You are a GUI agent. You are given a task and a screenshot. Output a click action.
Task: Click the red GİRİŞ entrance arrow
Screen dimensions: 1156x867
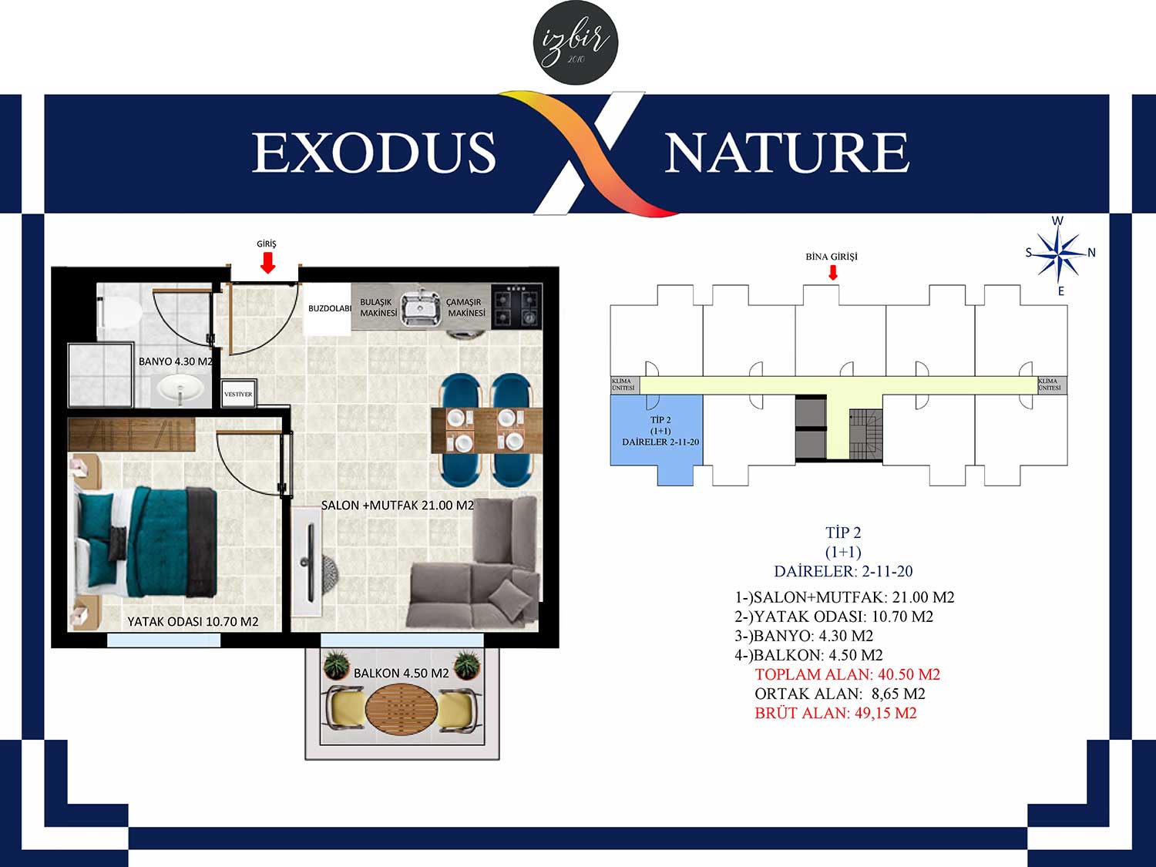coord(268,263)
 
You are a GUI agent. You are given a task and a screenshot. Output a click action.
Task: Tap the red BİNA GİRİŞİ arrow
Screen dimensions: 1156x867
coord(832,272)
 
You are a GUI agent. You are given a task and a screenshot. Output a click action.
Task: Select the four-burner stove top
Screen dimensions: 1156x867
coord(516,307)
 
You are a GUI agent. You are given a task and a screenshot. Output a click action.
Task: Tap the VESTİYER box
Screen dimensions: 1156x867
coord(239,394)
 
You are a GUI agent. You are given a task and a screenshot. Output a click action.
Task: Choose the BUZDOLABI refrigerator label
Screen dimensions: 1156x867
coord(330,308)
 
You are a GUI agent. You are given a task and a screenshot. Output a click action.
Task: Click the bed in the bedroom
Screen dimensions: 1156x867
coord(146,543)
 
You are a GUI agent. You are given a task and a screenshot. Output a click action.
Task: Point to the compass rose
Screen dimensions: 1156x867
coord(1060,255)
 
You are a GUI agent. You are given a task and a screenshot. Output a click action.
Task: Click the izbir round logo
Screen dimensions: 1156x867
coord(576,43)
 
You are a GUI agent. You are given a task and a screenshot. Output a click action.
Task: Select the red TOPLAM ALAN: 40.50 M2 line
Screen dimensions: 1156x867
coord(848,674)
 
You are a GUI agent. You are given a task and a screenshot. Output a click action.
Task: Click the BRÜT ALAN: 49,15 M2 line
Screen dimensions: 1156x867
coord(836,714)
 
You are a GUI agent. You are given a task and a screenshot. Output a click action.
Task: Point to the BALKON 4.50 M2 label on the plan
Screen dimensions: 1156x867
coord(402,674)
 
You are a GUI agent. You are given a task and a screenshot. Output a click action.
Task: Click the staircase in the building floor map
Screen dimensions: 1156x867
coord(864,435)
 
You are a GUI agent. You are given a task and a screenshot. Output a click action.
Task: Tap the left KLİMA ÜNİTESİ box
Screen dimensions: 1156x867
coord(624,385)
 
